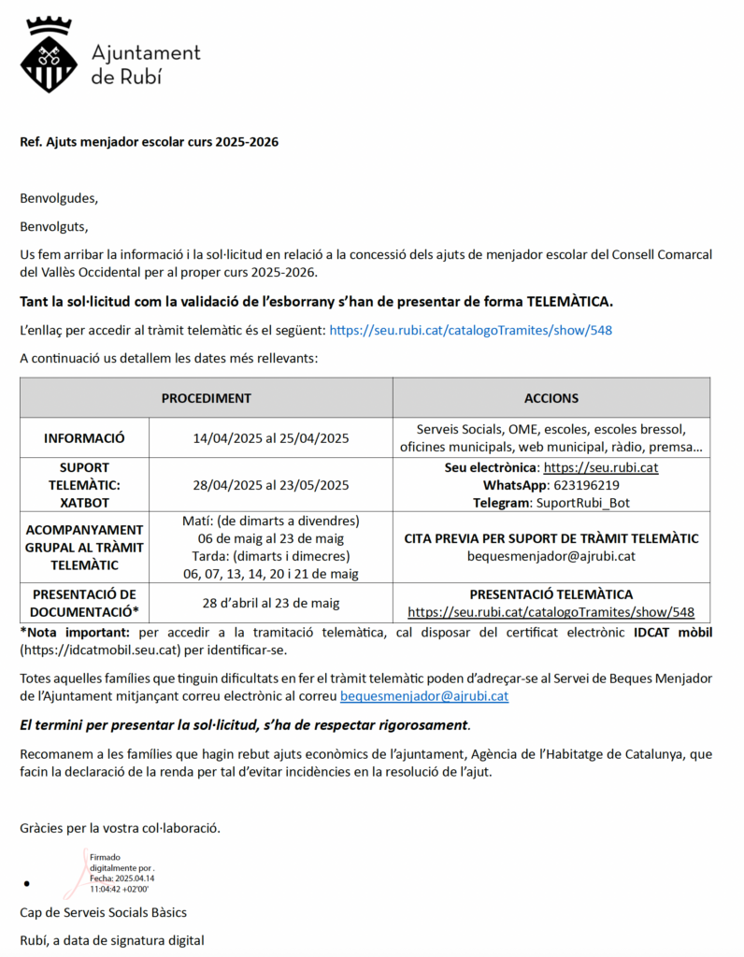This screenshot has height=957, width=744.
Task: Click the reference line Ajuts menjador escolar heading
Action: coord(149,142)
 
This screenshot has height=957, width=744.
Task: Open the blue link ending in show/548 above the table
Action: coord(471,330)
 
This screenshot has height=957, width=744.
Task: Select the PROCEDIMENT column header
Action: coord(207,398)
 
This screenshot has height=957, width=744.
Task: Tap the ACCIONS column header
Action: coord(551,398)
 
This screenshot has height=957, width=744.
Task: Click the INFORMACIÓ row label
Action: coord(84,438)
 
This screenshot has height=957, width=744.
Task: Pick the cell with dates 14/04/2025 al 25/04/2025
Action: coord(271,438)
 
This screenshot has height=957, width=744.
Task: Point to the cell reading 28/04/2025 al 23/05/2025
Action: coord(271,485)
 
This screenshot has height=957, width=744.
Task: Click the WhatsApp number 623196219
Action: coord(586,485)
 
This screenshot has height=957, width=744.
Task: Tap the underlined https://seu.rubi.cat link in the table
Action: coord(600,467)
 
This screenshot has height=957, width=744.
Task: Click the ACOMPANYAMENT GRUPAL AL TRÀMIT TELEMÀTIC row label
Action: coord(84,548)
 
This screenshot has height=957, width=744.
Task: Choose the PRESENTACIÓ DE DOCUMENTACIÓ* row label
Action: coord(84,603)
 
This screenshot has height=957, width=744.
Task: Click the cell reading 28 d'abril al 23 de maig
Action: coord(271,603)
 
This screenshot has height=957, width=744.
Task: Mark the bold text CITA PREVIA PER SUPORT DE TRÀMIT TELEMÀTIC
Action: coord(551,538)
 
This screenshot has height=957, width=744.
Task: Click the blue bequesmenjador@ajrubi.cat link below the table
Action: coord(424,695)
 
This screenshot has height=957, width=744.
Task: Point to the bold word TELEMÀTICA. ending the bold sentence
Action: coord(570,302)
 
